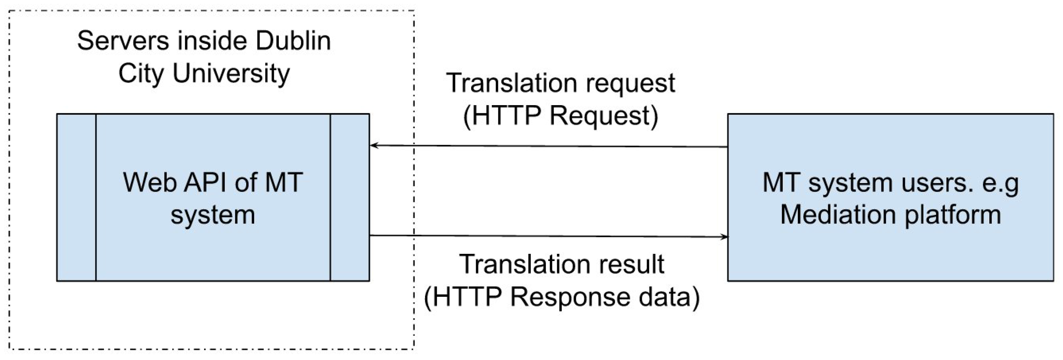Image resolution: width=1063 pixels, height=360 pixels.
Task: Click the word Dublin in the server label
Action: point(293,41)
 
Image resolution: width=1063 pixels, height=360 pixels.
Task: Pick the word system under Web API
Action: point(213,215)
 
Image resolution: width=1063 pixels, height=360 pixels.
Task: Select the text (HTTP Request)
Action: point(560,116)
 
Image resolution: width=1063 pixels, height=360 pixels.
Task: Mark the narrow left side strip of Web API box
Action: point(76,197)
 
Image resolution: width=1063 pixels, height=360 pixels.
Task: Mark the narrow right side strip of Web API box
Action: point(350,197)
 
